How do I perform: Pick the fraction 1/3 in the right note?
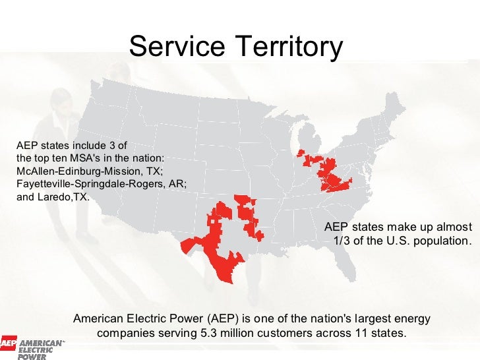[x=343, y=240]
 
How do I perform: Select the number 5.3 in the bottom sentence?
[x=209, y=333]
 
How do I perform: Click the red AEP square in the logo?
[x=8, y=344]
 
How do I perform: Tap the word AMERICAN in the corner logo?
[x=40, y=344]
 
